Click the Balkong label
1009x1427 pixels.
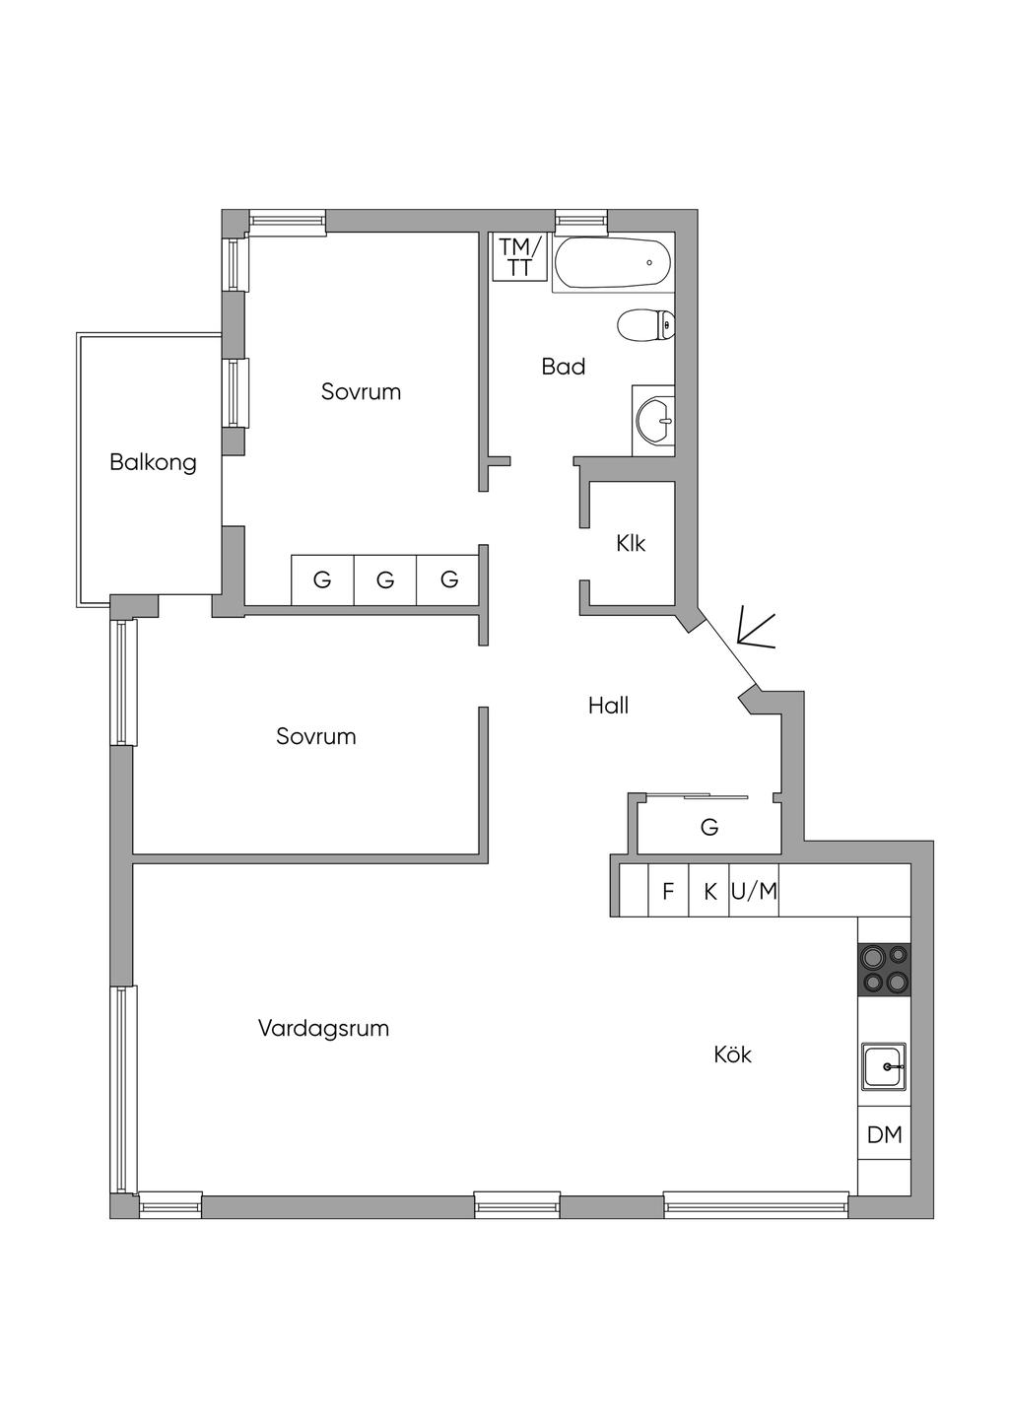coord(153,462)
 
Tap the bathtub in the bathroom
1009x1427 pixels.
coord(613,262)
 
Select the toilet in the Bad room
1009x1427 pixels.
coord(645,324)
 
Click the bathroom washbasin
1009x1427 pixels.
coord(653,421)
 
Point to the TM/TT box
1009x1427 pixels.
coord(520,256)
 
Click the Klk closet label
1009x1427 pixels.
coord(631,543)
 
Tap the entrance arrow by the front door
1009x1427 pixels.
coord(756,632)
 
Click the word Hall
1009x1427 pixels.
coord(608,706)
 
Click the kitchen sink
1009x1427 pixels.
coord(884,1066)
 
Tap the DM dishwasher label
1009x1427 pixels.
coord(885,1134)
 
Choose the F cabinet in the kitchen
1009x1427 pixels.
coord(668,891)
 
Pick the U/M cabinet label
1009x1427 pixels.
coord(754,891)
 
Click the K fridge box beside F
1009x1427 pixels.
coord(709,891)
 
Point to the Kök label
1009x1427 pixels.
coord(732,1054)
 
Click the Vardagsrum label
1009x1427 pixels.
coord(323,1028)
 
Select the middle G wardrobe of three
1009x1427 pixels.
coord(384,579)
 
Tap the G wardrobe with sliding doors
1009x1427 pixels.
coord(709,827)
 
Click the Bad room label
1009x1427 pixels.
coord(563,367)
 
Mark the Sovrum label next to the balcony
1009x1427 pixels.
coord(362,391)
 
